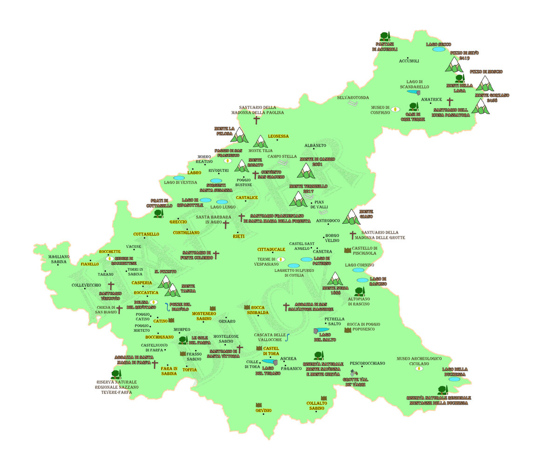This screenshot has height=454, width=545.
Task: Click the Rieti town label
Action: click(x=239, y=236)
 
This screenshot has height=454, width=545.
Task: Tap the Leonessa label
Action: click(x=278, y=136)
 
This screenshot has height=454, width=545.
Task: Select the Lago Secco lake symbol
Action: click(x=438, y=49)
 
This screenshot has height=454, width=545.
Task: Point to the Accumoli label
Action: click(x=409, y=61)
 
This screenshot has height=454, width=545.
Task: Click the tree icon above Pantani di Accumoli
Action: click(x=385, y=36)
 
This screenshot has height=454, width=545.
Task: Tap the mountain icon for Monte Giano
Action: click(x=351, y=217)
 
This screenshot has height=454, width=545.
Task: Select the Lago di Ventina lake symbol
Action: click(x=179, y=178)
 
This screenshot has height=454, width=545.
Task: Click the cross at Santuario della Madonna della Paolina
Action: click(x=256, y=120)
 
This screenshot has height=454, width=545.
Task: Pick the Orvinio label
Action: click(x=263, y=410)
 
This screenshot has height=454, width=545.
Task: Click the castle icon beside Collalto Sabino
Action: click(x=324, y=398)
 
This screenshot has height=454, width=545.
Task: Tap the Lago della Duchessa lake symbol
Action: click(x=454, y=379)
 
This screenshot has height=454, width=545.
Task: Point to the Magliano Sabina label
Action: click(x=59, y=259)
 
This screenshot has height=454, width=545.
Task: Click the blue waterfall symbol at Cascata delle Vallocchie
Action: click(x=288, y=337)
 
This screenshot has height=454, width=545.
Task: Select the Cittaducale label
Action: click(x=271, y=249)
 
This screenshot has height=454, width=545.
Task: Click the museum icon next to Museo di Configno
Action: click(x=395, y=109)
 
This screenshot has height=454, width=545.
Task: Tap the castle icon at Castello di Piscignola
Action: click(x=347, y=250)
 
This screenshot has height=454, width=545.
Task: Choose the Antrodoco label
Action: click(x=328, y=220)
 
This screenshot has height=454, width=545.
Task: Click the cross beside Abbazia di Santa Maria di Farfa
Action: click(x=155, y=364)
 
